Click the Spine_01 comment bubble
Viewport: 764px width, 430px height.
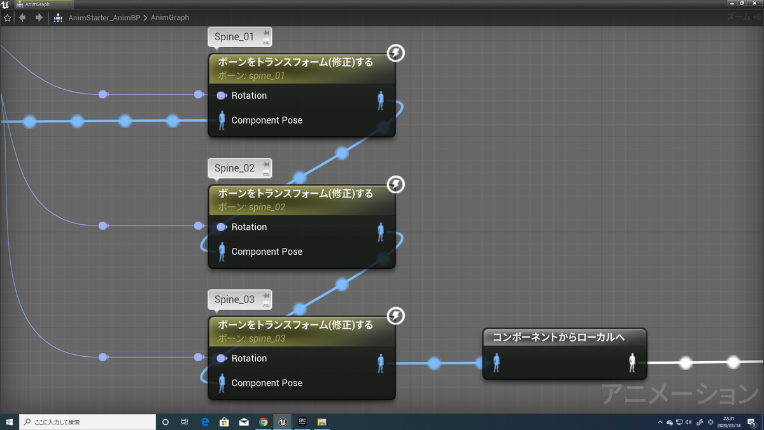(234, 37)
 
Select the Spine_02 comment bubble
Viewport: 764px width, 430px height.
(234, 168)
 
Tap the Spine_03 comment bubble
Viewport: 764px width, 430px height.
(234, 299)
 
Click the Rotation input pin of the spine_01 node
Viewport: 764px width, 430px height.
(222, 96)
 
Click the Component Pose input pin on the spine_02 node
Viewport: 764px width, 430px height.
(222, 252)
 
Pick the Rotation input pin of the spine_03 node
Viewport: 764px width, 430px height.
(222, 359)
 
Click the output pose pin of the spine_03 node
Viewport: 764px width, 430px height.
(381, 363)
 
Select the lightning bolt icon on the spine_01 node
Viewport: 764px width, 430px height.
(396, 53)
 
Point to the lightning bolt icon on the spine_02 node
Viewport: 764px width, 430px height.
(396, 185)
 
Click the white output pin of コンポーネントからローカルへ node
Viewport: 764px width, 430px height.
(632, 362)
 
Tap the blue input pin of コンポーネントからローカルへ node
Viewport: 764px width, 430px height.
(497, 362)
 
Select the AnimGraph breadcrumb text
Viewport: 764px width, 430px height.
(170, 17)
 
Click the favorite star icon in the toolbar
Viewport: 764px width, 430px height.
(8, 17)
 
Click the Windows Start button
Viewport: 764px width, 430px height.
(10, 422)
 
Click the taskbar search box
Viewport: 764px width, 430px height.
(89, 422)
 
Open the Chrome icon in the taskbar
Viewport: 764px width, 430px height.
(263, 422)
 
